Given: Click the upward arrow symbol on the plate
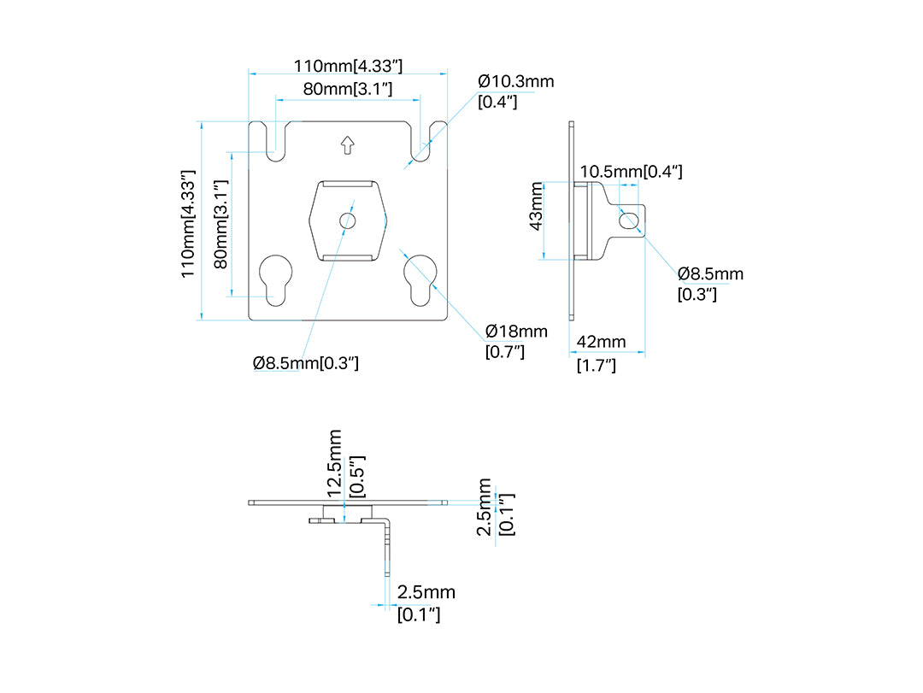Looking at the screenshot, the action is [x=347, y=145].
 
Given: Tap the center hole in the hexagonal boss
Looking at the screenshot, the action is [x=347, y=220].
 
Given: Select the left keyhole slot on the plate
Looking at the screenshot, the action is [x=275, y=279].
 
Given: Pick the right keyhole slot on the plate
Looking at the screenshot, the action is [x=420, y=279].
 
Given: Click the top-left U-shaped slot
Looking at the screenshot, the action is [x=275, y=142].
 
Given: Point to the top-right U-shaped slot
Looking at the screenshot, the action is [x=420, y=142].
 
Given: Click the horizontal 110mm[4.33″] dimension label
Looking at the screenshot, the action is [x=348, y=65].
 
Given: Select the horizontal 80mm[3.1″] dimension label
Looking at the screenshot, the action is [x=347, y=89].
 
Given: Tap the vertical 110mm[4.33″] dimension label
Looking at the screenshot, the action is [x=187, y=224].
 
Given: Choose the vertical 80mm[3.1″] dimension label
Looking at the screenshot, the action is [x=220, y=225].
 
